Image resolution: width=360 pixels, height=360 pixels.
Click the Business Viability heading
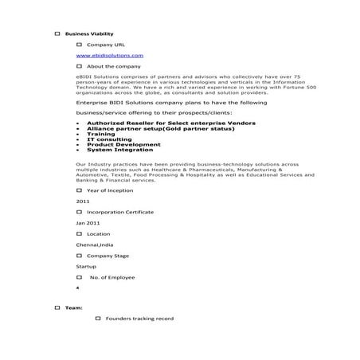coord(89,34)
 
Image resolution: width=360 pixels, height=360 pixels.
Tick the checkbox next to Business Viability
coord(57,34)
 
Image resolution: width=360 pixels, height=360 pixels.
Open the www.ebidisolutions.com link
coord(110,56)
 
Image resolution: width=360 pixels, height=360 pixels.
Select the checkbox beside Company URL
coord(79,45)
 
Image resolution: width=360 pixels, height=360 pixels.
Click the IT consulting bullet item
coord(109,139)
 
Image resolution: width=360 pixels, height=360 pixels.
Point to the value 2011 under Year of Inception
coord(83,202)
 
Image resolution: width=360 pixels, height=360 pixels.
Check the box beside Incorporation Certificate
coord(79,213)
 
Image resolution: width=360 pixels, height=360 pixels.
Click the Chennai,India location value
coord(94,245)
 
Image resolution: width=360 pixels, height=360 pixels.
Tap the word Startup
coord(86,266)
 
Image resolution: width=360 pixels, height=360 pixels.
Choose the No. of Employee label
coord(112,276)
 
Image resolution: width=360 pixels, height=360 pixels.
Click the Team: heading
coord(72,307)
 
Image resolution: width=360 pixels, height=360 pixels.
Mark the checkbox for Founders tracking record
coord(98,319)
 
